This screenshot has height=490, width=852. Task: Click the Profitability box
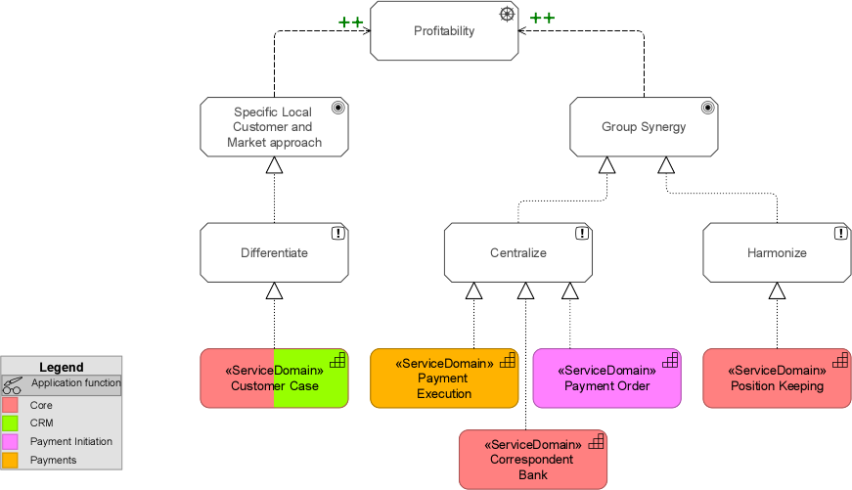tap(443, 31)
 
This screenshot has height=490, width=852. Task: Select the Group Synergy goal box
tap(644, 127)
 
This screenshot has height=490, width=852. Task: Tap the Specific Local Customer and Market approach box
tap(274, 127)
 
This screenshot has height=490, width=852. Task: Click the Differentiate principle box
tap(274, 253)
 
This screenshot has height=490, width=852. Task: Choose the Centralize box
tap(517, 253)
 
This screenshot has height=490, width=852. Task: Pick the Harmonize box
tap(777, 253)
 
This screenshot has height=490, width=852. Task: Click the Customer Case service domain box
tap(274, 378)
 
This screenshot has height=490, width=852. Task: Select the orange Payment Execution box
tap(443, 378)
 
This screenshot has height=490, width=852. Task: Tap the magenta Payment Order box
tap(606, 378)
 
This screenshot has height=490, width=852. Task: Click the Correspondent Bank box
tap(532, 459)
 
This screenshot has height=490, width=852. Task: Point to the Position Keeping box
tap(777, 378)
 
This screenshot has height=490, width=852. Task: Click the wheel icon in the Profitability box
tap(506, 14)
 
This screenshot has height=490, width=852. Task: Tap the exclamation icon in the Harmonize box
tap(840, 233)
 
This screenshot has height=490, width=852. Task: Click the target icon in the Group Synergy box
tap(707, 108)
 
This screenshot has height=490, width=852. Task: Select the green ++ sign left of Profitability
tap(351, 21)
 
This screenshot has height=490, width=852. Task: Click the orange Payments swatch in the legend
tap(11, 460)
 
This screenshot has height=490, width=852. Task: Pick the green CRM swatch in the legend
tap(11, 423)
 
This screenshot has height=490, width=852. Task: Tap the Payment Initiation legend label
tap(70, 442)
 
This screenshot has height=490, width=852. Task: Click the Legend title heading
tap(61, 367)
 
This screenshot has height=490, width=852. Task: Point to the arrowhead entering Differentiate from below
tap(274, 290)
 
